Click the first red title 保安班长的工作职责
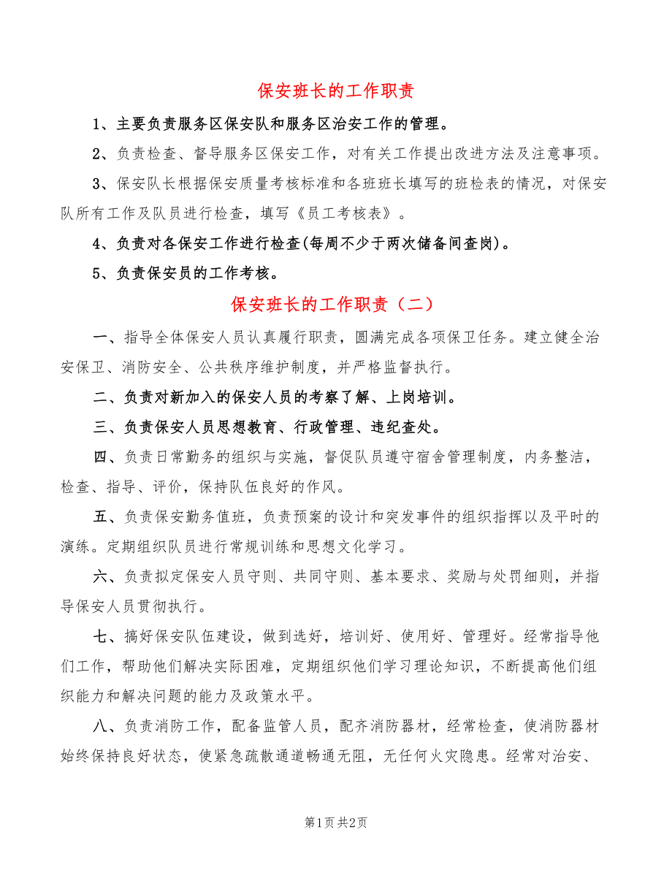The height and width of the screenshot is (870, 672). [336, 91]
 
